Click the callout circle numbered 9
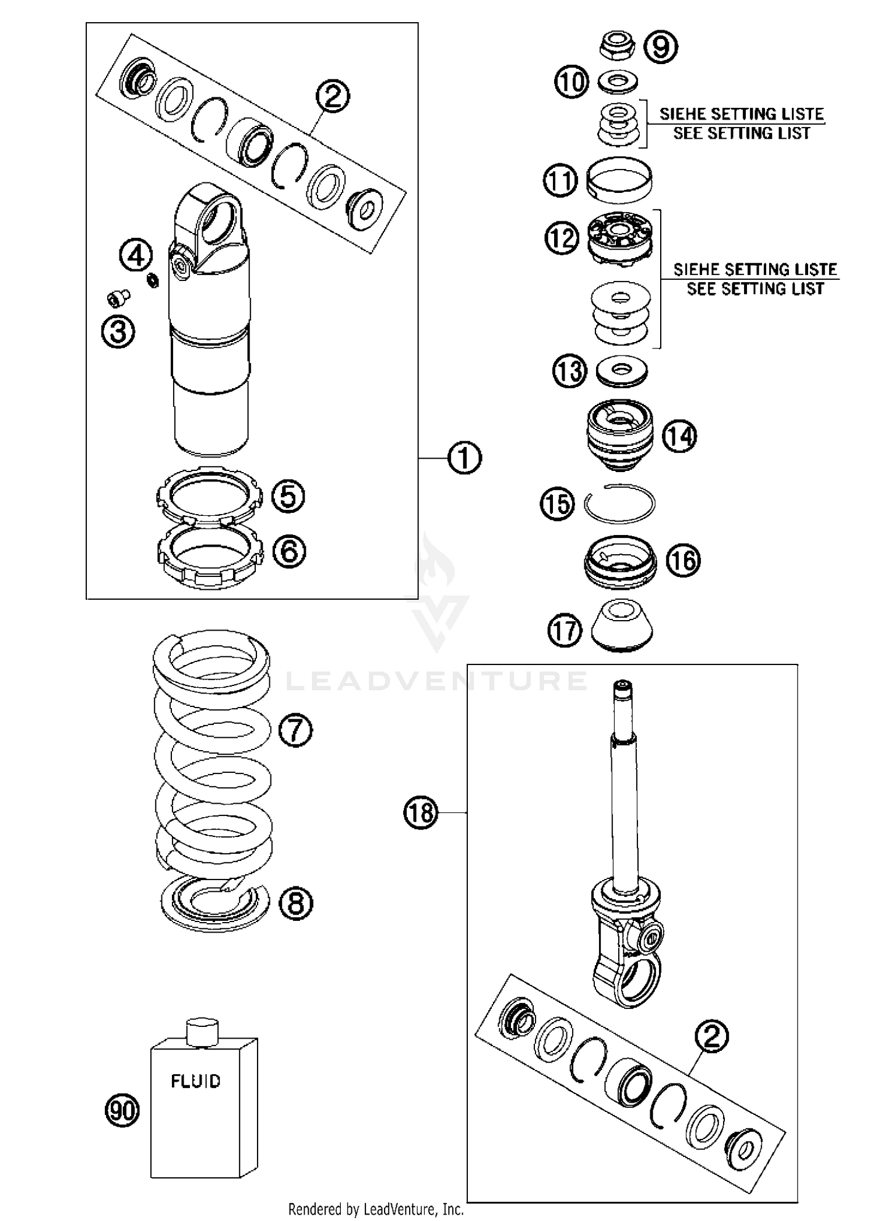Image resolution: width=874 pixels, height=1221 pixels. tap(661, 47)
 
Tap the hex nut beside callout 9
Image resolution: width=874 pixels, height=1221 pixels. tap(618, 45)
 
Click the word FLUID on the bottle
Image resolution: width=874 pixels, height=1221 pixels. tap(196, 1081)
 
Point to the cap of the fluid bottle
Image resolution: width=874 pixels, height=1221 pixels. tap(202, 1030)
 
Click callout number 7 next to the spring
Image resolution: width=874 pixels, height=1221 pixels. tap(295, 730)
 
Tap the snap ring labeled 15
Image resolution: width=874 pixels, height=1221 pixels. tap(620, 504)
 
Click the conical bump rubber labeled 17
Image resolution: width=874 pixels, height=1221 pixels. tap(622, 627)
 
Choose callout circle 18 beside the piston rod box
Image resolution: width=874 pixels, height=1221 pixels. tap(421, 812)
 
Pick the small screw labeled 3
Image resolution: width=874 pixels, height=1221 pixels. tap(118, 300)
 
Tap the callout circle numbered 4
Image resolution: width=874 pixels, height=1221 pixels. tap(136, 255)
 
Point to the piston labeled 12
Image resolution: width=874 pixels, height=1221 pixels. tap(619, 237)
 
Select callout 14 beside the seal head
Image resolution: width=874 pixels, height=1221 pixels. tap(680, 435)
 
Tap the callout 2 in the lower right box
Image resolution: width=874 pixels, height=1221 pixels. tap(711, 1036)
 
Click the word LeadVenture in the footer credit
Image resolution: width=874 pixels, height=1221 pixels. tap(396, 1210)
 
